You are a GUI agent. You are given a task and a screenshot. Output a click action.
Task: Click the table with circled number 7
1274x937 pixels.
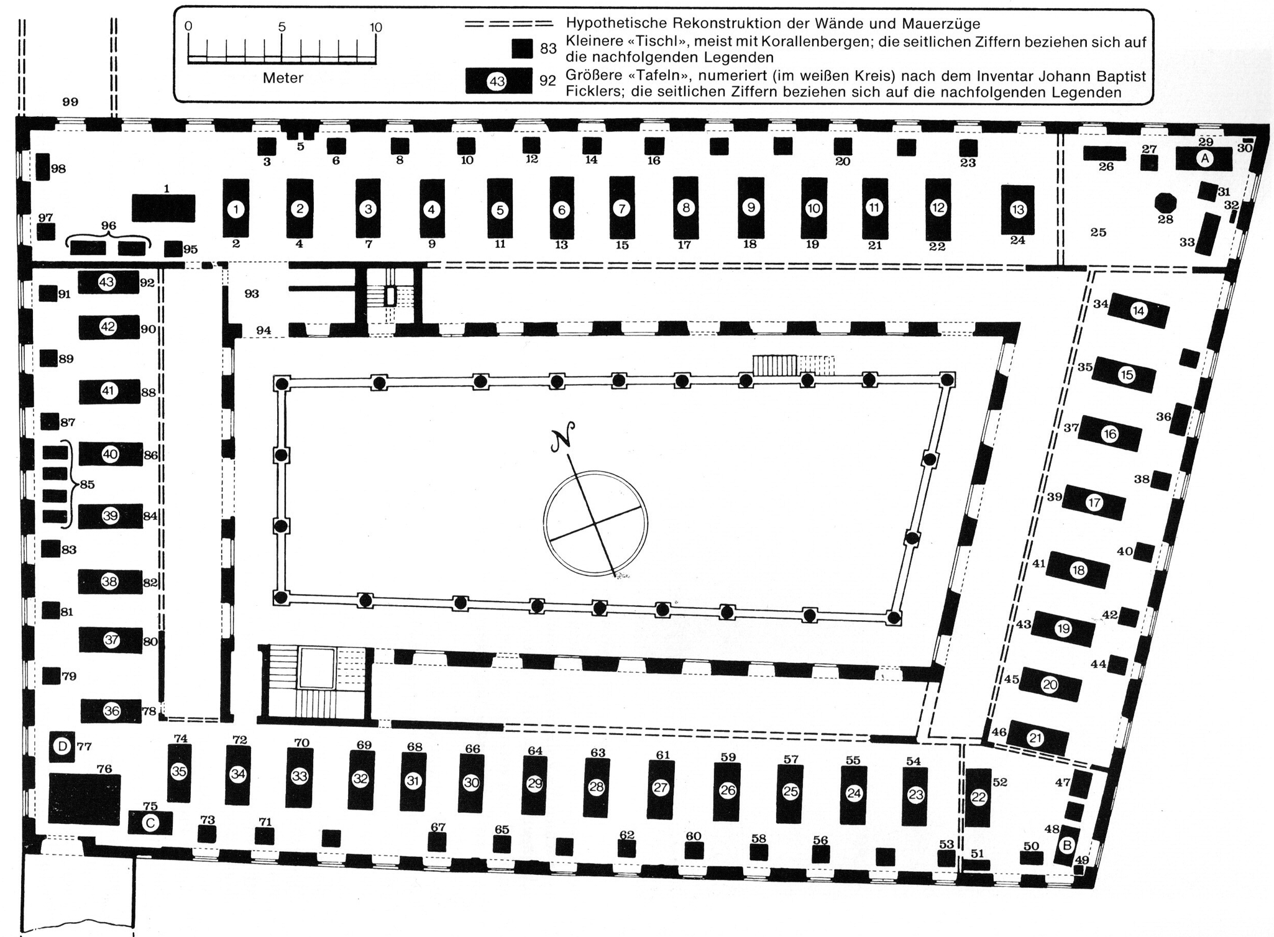point(621,209)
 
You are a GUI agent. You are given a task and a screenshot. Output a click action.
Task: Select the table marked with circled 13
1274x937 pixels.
point(1017,210)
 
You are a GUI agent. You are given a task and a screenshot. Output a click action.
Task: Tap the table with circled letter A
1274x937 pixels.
point(1204,158)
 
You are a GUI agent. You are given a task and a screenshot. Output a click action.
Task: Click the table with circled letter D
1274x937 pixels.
point(62,746)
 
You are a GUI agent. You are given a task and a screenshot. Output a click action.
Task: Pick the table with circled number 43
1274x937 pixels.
point(108,282)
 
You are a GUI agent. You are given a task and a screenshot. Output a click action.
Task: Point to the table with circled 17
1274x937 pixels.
point(1094,503)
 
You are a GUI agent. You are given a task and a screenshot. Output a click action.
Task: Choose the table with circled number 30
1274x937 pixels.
point(471,783)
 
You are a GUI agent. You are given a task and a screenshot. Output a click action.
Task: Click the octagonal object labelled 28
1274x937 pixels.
point(1165,203)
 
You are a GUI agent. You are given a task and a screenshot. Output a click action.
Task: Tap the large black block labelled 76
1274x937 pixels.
point(85,799)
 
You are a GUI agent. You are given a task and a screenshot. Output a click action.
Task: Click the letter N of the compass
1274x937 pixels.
point(562,436)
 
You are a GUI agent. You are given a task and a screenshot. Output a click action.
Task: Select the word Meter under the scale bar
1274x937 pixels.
point(283,78)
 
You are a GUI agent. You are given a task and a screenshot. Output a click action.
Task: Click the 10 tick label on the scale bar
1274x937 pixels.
point(375,27)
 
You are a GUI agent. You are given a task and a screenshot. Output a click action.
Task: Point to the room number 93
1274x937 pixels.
point(251,293)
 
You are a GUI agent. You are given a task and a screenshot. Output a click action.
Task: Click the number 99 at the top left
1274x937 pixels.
point(70,102)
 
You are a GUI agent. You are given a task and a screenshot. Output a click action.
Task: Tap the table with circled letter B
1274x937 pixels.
point(1068,846)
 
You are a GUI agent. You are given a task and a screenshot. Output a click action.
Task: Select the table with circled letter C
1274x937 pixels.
point(150,823)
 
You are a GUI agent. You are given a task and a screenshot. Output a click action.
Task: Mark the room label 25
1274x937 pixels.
point(1098,232)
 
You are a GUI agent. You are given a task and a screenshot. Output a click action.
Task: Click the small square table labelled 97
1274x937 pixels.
point(46,232)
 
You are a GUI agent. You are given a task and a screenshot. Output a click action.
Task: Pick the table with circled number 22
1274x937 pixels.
point(978,797)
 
